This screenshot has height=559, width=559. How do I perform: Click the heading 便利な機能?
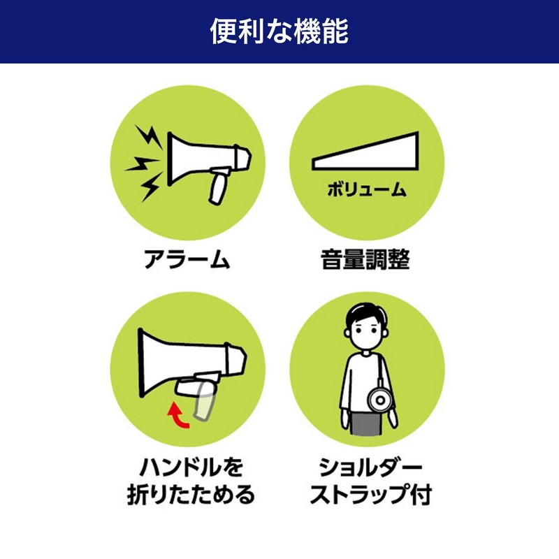click(279, 31)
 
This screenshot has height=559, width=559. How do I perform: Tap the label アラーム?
click(187, 259)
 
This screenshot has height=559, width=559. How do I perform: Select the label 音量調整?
click(365, 259)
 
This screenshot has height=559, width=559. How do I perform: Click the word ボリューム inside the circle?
click(366, 189)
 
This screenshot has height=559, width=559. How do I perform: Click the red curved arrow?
click(177, 416)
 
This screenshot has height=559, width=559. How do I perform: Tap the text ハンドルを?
click(191, 467)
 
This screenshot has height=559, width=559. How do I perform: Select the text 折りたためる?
click(191, 495)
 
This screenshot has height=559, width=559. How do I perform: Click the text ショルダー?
click(370, 467)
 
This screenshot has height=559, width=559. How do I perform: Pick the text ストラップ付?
click(371, 495)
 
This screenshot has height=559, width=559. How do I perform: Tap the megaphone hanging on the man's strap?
click(380, 400)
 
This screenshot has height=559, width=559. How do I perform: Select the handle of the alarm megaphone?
click(219, 185)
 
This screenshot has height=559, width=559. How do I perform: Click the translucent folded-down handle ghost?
click(204, 402)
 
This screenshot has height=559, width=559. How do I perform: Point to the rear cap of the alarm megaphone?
click(243, 158)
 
